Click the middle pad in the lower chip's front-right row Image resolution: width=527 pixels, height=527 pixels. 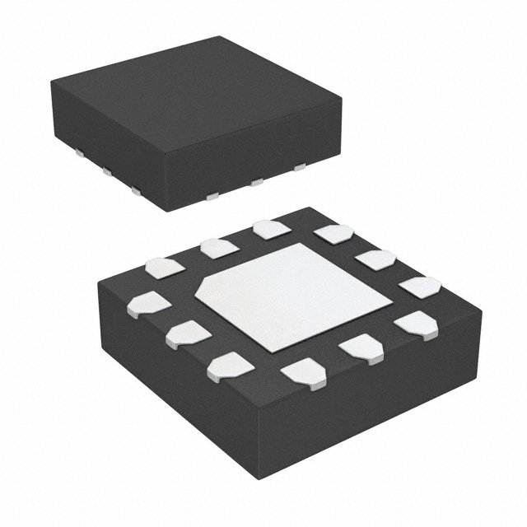359,347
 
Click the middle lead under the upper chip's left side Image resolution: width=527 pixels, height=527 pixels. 107,174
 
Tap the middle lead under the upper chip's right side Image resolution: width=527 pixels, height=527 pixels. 256,180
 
